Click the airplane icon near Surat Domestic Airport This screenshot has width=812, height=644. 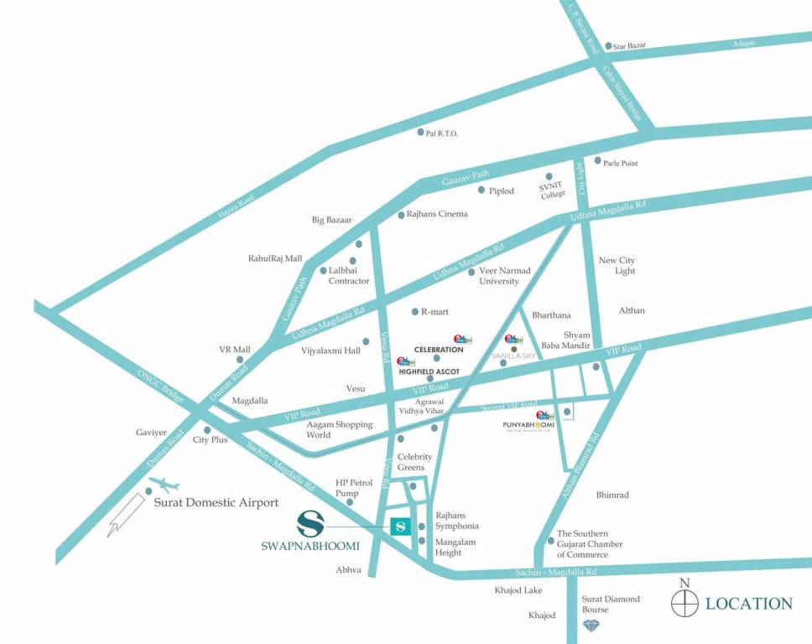point(164,485)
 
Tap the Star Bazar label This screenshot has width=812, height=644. point(630,46)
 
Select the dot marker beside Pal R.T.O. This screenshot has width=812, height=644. point(421,132)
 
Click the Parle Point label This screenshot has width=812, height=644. point(621,164)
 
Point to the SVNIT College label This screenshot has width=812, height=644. point(553,190)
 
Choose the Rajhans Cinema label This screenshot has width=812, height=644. point(437,215)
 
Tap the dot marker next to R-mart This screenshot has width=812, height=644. point(414,312)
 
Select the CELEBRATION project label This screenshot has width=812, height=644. point(439,349)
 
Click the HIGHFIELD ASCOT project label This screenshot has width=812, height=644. point(429,370)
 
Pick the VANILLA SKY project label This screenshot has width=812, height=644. point(514,356)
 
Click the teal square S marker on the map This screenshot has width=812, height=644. point(401,527)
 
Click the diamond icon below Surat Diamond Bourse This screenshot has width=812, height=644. point(593,626)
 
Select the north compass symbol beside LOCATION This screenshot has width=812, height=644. point(684,602)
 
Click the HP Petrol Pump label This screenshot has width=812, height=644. point(353,488)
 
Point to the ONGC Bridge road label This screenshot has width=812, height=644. point(159,385)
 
